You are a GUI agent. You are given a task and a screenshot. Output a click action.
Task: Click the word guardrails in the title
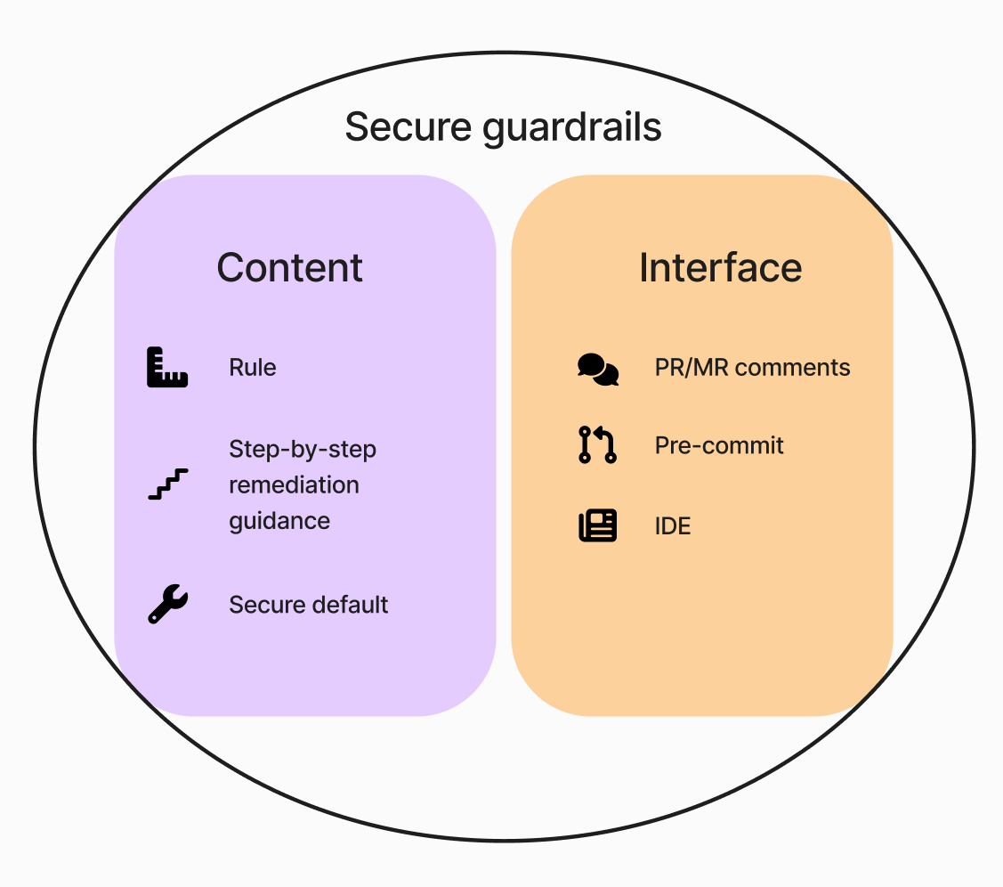572,128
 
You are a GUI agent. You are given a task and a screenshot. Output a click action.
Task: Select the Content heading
290,267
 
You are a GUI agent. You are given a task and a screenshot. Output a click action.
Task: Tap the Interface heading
721,267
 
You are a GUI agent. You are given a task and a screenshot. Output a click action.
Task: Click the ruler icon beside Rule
167,367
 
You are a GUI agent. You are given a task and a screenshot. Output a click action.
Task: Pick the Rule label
253,368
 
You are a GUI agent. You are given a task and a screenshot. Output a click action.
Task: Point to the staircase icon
167,484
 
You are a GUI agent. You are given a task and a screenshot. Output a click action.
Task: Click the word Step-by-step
303,449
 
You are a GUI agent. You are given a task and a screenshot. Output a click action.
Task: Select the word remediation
295,484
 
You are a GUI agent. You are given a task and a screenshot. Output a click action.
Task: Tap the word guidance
279,520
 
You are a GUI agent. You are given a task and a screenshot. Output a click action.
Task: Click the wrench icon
167,605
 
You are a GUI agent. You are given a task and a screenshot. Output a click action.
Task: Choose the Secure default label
309,605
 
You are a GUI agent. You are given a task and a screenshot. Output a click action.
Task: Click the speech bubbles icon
598,368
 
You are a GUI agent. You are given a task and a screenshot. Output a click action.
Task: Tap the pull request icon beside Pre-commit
598,445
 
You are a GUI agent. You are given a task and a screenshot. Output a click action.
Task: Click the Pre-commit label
719,445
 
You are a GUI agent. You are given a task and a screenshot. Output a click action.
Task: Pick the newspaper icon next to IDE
598,525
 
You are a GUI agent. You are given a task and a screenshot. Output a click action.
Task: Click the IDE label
673,525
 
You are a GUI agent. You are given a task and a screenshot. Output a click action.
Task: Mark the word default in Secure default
346,605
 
